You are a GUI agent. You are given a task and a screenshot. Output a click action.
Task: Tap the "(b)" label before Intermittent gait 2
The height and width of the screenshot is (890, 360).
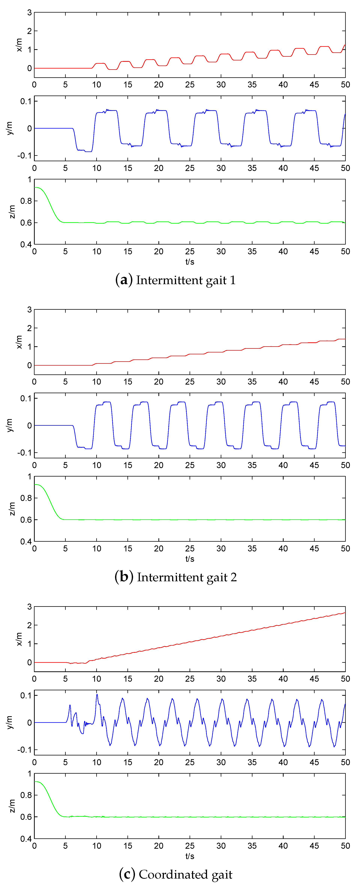click(x=124, y=577)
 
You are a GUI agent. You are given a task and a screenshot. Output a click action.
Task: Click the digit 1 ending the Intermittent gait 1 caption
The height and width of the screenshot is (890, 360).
click(x=233, y=280)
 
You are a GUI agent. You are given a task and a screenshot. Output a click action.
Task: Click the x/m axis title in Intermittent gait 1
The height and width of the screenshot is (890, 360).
click(x=19, y=45)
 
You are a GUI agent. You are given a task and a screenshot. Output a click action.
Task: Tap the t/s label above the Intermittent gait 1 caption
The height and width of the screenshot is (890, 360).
click(x=190, y=262)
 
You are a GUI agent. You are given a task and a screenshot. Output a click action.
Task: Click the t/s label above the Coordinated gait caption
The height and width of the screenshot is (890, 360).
click(x=190, y=856)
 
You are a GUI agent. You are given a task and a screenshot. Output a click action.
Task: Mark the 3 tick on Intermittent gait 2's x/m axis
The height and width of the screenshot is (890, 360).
click(x=29, y=309)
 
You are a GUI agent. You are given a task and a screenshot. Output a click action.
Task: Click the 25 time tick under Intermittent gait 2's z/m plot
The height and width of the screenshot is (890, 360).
click(x=190, y=549)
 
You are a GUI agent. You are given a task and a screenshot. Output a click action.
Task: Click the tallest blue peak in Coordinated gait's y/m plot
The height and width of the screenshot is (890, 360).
click(x=97, y=694)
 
